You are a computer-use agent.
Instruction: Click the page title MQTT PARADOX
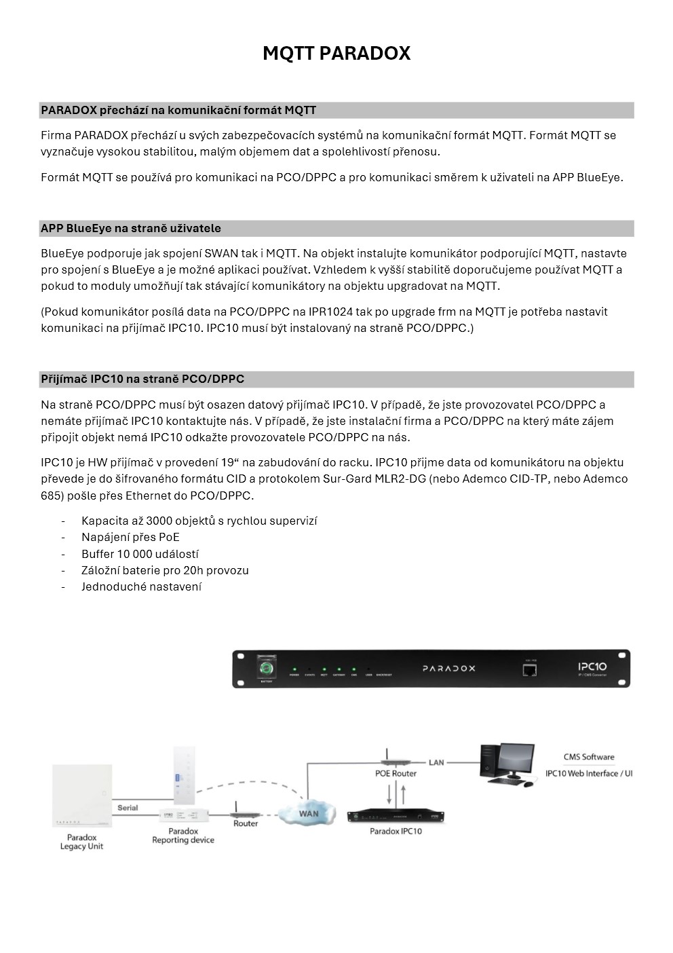coord(336,54)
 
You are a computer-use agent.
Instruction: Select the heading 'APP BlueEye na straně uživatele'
coord(131,229)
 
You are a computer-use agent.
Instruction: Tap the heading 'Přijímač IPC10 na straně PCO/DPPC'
coord(142,379)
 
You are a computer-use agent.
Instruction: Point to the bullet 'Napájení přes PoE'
coord(130,538)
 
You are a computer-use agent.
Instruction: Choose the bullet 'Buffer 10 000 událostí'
coord(140,554)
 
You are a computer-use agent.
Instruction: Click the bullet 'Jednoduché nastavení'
coord(141,587)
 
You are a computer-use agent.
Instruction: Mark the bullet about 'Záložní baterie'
coord(165,571)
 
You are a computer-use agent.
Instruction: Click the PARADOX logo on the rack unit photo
coord(449,669)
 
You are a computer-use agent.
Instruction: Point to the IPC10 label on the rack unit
coord(592,667)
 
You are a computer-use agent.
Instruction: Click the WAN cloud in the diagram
coord(309,813)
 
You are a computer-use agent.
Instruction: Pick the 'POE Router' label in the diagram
coord(396,773)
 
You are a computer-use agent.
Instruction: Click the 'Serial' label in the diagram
coord(128,808)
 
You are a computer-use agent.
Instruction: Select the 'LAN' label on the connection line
coord(436,762)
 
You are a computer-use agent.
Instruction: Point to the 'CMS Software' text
coord(589,757)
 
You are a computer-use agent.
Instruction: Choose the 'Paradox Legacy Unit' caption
coord(81,842)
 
